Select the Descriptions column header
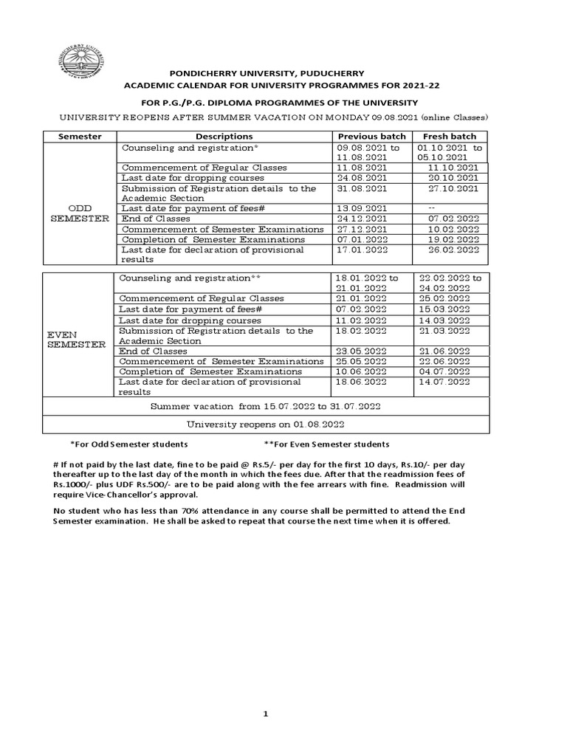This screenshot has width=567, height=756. tap(224, 136)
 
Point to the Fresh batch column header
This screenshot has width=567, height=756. tap(449, 136)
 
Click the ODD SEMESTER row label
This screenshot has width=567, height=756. tap(80, 213)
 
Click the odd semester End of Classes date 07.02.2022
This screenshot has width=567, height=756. tap(453, 219)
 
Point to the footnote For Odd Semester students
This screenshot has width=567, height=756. tap(128, 444)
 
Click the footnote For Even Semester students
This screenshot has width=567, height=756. tap(326, 444)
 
